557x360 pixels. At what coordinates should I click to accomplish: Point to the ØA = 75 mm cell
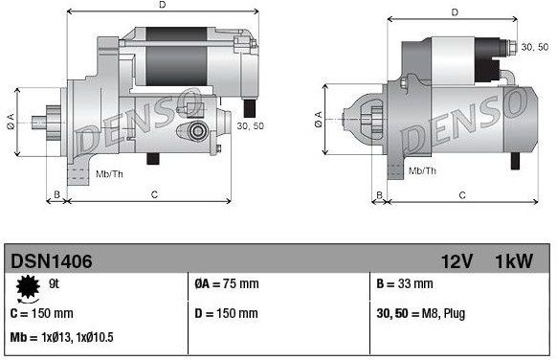[226, 284]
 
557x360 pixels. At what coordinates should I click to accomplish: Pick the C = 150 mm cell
[43, 313]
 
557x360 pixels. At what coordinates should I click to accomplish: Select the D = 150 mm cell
[226, 313]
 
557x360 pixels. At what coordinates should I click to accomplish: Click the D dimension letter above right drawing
[454, 13]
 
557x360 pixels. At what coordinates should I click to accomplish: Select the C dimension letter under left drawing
[154, 195]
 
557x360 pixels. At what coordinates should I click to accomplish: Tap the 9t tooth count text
[54, 283]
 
